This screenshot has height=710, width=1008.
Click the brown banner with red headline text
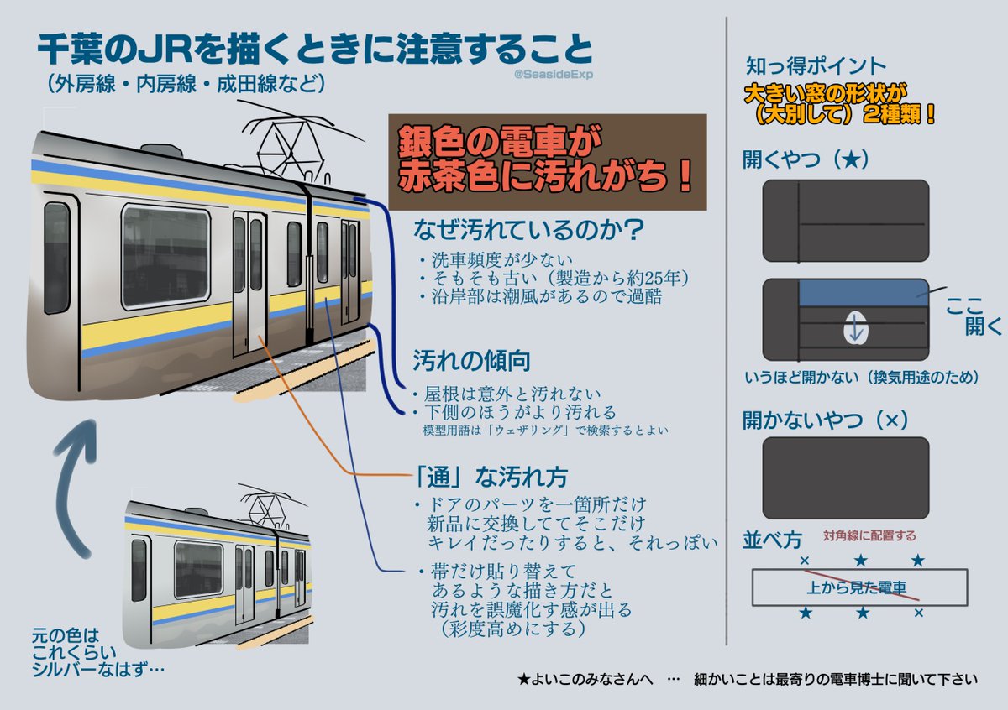pyautogui.click(x=547, y=162)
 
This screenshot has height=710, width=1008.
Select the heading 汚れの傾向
pyautogui.click(x=459, y=361)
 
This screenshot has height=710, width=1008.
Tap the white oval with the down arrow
pyautogui.click(x=854, y=328)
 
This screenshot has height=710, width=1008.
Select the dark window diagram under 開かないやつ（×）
pyautogui.click(x=845, y=478)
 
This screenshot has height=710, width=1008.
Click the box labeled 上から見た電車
pyautogui.click(x=859, y=587)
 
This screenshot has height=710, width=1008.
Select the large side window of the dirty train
pyautogui.click(x=165, y=257)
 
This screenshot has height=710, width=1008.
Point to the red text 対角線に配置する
pyautogui.click(x=869, y=535)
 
